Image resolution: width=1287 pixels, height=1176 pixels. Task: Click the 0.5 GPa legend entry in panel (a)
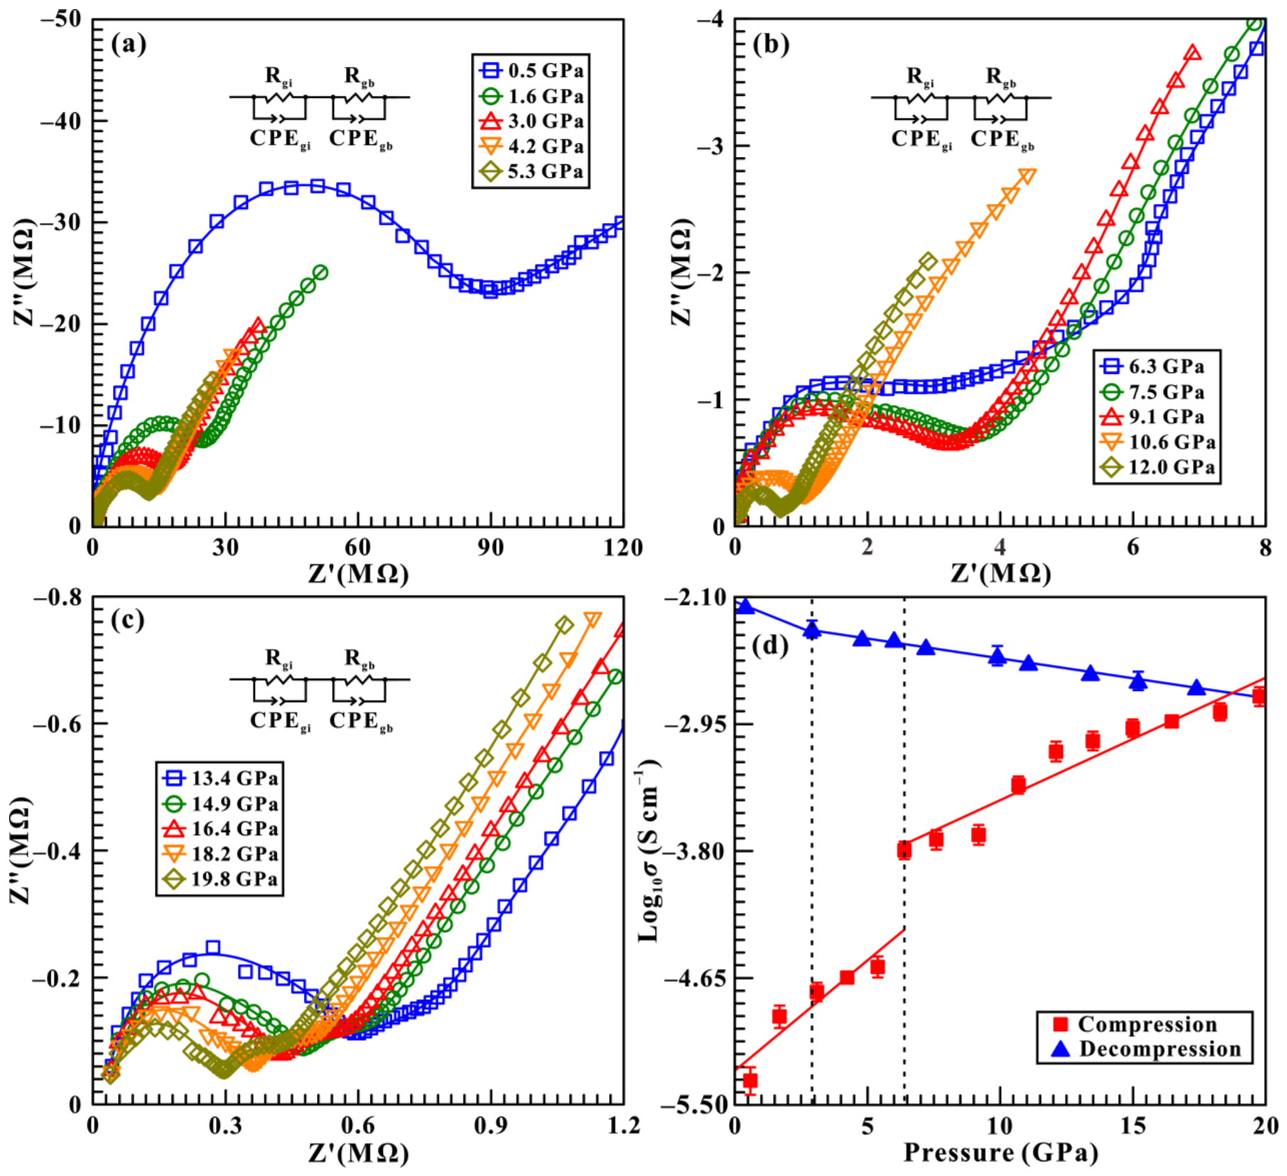532,70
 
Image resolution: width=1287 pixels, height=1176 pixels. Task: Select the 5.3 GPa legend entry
532,171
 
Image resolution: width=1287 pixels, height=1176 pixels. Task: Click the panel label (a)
129,44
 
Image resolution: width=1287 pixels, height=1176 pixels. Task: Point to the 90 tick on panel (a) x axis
490,547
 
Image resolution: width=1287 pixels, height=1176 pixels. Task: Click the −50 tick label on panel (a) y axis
61,19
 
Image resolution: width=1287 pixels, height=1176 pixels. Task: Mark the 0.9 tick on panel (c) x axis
490,1126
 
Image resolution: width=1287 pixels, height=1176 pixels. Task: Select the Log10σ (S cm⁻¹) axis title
649,851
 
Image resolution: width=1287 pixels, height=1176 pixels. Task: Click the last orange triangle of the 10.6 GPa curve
1027,175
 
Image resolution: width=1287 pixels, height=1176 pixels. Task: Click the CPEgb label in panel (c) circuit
361,721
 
